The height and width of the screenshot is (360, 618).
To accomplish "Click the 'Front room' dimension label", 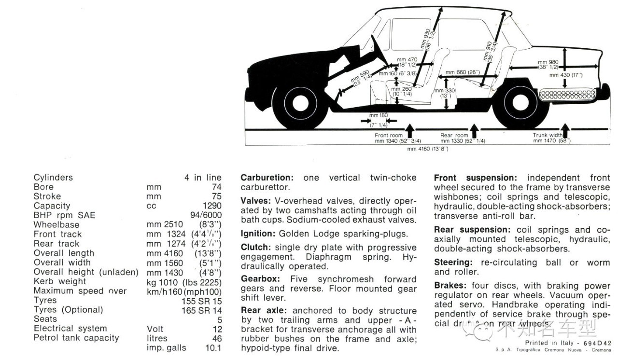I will coord(389,136).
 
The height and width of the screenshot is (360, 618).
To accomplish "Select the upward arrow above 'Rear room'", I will coord(474,130).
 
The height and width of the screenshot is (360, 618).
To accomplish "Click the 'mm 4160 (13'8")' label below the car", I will coord(427,149).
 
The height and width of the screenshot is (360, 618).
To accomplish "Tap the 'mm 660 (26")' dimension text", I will coord(463,72).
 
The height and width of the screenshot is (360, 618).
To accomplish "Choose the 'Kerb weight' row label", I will coord(60,281).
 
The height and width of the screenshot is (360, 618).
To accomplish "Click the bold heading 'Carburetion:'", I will coord(267,178).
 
